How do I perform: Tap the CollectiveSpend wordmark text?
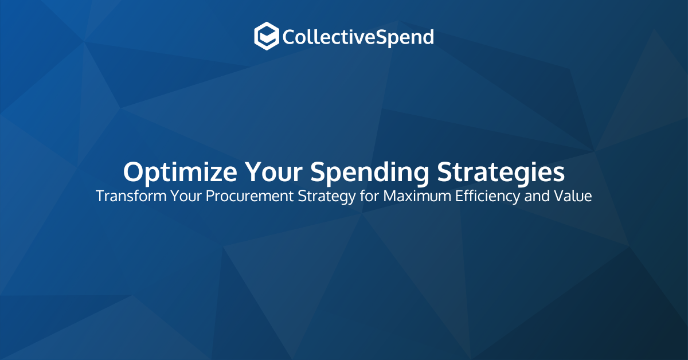(358, 37)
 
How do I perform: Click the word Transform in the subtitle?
(124, 196)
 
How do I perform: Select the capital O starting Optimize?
(134, 171)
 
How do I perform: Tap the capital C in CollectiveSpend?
(289, 37)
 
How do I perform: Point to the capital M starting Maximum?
(390, 196)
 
